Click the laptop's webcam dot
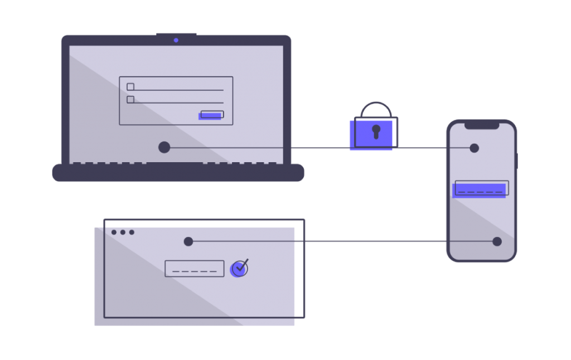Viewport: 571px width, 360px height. point(176,40)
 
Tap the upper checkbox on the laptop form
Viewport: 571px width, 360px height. point(130,87)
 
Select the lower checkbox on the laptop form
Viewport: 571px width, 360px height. point(130,100)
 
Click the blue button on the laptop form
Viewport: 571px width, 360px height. point(211,115)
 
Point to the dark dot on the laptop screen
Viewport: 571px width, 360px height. point(164,147)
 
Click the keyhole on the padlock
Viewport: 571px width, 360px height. point(376,132)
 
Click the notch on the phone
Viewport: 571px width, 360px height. point(481,126)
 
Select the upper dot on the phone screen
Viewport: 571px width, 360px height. point(474,148)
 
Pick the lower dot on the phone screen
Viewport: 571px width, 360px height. point(497,241)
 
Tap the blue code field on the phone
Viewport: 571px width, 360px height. point(480,189)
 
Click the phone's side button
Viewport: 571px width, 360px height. point(517,160)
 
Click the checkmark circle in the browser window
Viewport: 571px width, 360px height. point(239,269)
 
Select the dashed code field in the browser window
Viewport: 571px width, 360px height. point(194,269)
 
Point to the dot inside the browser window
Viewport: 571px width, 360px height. point(188,241)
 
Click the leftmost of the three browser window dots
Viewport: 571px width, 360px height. point(114,232)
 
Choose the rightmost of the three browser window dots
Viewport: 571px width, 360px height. point(132,232)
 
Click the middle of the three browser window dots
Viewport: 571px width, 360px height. point(123,232)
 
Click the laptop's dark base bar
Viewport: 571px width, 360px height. point(178,173)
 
